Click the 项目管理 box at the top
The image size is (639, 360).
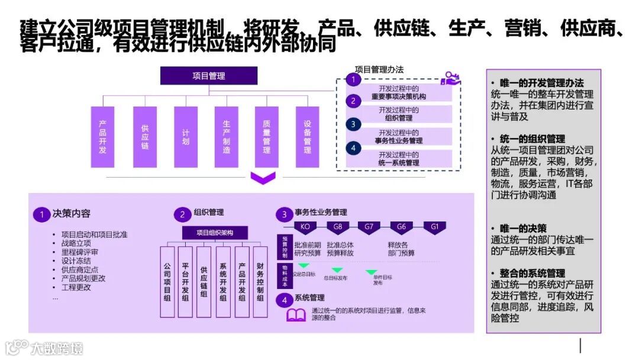[x=209, y=76]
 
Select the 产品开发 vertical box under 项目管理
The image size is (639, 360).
[x=102, y=137]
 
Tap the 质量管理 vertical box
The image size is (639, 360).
[x=266, y=137]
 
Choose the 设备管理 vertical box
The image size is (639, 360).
[x=307, y=137]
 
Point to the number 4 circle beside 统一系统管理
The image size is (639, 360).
[x=353, y=147]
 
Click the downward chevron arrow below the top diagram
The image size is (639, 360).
[x=263, y=178]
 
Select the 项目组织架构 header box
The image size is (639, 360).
[x=215, y=233]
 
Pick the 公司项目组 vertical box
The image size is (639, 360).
[x=168, y=282]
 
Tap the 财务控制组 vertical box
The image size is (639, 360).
[x=260, y=282]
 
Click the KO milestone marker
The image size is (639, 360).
[x=305, y=227]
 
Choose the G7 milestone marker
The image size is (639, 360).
[x=369, y=227]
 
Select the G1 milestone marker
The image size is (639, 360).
[x=434, y=227]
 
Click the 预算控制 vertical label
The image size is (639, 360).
[x=284, y=246]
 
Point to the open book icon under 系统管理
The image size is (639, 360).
[x=296, y=314]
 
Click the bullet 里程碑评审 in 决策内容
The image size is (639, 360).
[x=79, y=252]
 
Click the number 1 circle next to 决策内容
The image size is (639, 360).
[x=41, y=214]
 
